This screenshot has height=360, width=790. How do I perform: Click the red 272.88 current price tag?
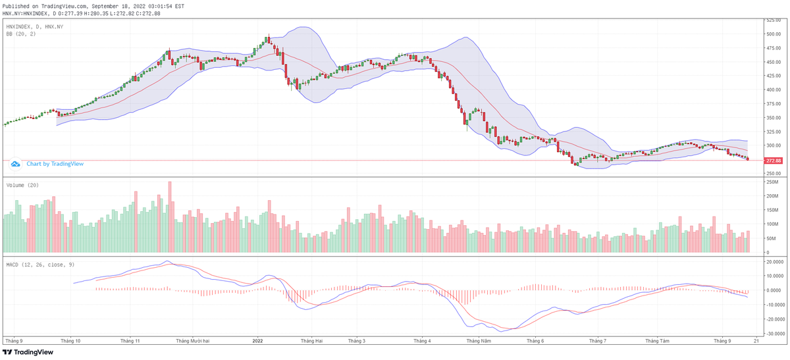773,161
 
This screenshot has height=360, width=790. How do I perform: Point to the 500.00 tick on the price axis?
773,34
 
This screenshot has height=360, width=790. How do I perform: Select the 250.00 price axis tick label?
773,174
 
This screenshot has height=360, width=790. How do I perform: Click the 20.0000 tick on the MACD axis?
774,261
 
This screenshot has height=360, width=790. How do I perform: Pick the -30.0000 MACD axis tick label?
774,334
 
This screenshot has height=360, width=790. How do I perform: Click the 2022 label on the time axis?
257,341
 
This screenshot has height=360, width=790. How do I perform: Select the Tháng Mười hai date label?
193,341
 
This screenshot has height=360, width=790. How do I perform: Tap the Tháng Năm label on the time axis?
479,341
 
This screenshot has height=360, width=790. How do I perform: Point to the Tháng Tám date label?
657,341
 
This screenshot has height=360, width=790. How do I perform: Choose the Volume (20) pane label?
23,185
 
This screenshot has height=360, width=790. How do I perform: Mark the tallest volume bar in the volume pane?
170,218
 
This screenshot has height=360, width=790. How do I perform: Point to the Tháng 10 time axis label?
70,341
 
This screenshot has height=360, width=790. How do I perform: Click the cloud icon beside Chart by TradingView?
16,164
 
